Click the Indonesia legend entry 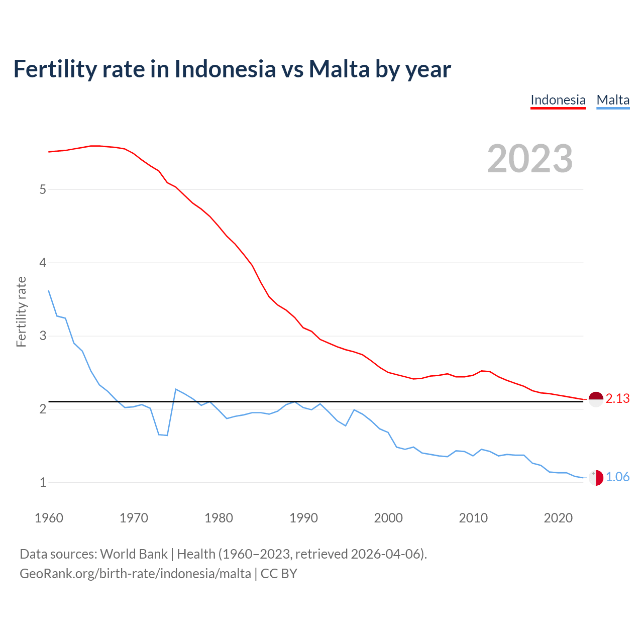558,100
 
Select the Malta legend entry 613,100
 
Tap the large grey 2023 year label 530,159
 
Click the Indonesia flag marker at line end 596,399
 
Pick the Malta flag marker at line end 596,477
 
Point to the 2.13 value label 617,399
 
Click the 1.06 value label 617,477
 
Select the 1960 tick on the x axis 49,518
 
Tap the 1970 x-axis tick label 134,518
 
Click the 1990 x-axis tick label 303,518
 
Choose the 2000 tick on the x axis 388,518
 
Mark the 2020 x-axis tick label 558,518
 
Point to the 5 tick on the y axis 43,190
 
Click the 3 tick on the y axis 43,336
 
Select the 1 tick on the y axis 43,483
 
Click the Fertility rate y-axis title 21,311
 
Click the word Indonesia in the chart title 225,69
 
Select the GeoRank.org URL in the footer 135,574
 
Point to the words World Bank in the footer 134,554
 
